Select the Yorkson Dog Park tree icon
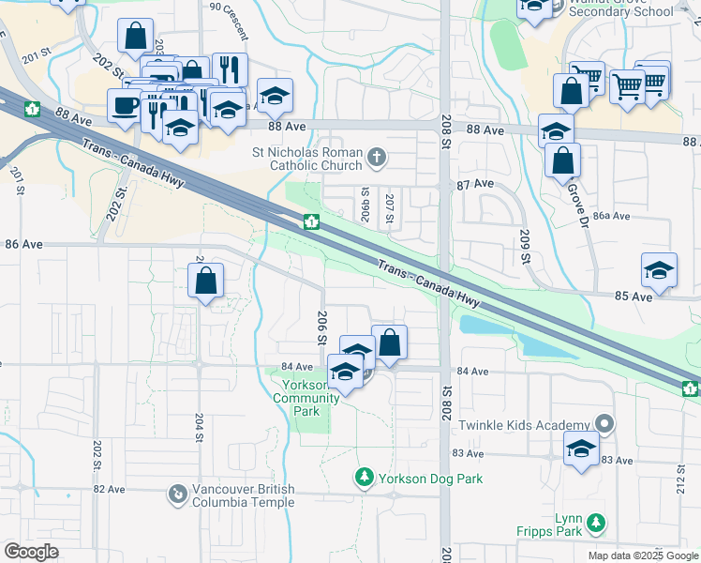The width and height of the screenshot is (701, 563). [x=365, y=479]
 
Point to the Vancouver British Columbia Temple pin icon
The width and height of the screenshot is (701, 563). [x=176, y=493]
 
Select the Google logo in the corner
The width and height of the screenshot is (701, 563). [x=31, y=552]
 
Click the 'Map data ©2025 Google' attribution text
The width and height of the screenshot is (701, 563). [x=642, y=555]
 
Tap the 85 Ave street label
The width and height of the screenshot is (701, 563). [x=634, y=297]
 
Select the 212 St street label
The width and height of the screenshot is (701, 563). [x=679, y=481]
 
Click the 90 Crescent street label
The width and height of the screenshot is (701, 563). [x=230, y=21]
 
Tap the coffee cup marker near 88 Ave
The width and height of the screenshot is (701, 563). [x=125, y=105]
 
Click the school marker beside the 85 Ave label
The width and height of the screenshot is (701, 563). [x=660, y=270]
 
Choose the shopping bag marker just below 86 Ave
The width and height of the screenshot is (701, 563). [x=206, y=281]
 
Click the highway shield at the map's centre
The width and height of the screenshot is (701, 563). [x=311, y=222]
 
